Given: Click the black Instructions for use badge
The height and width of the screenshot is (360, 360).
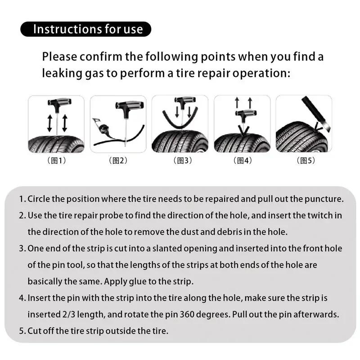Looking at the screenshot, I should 85,29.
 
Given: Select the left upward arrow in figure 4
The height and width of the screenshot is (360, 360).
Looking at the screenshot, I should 237,103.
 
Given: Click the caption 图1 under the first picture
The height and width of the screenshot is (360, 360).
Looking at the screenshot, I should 56,161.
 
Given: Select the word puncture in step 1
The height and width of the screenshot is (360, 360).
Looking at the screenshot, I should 327,199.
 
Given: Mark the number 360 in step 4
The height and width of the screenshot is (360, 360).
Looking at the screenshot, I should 189,315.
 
